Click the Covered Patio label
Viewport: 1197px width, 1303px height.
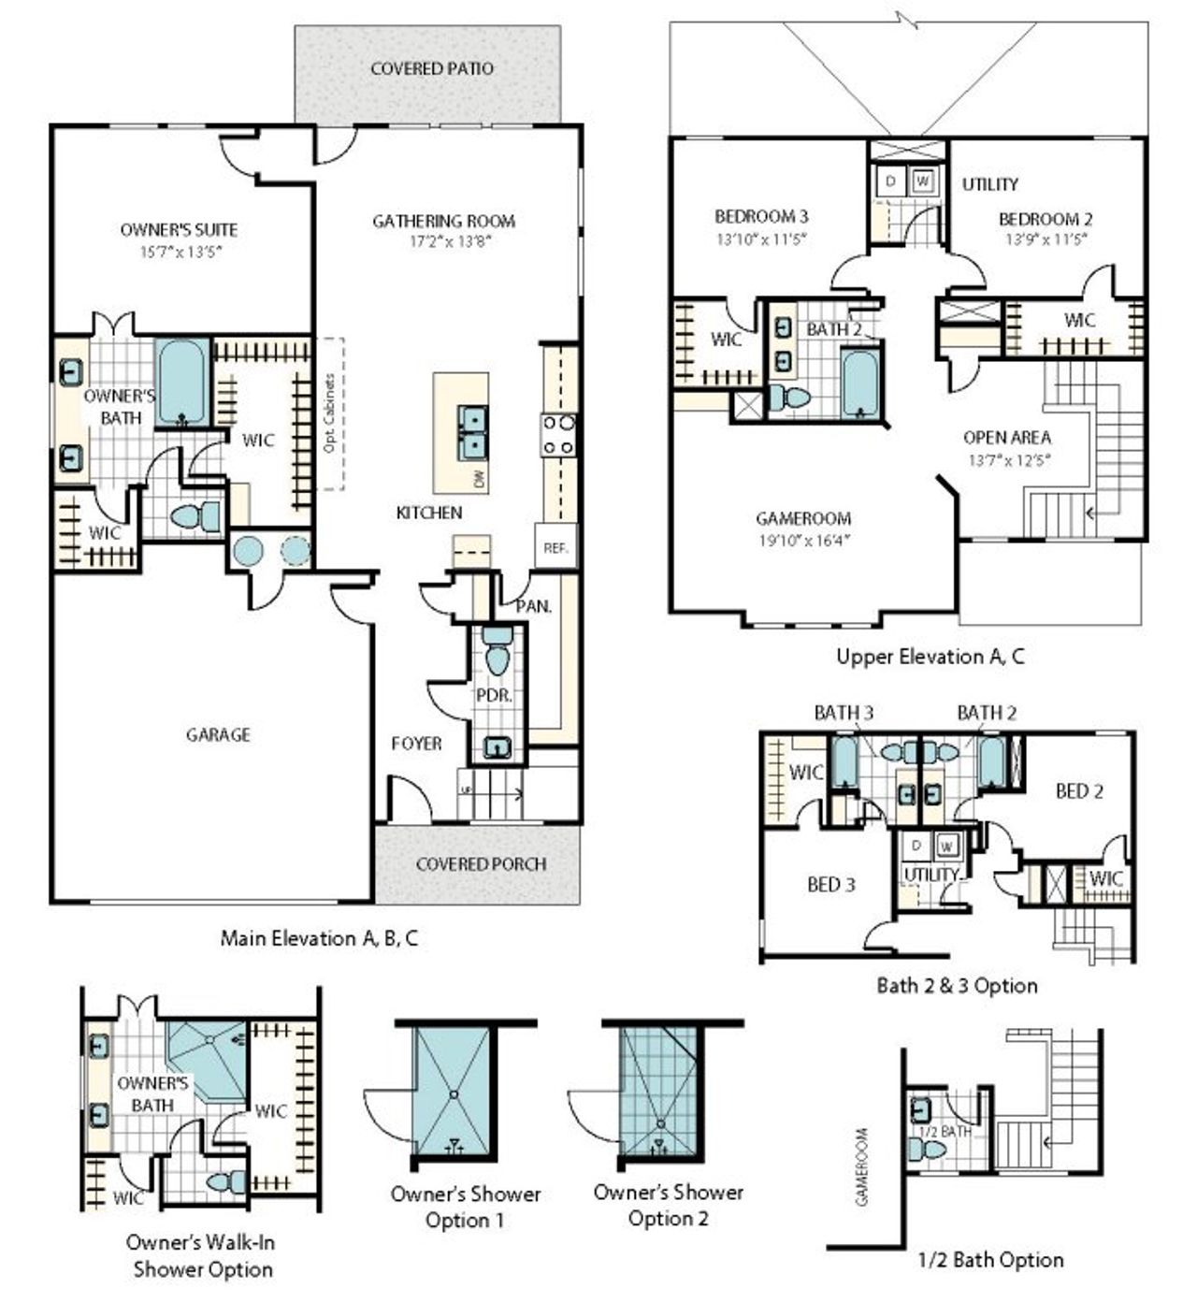432,68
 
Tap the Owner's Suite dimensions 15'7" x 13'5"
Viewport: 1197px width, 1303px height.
180,251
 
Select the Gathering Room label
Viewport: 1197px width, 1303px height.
443,221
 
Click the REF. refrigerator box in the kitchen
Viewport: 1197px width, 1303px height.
555,548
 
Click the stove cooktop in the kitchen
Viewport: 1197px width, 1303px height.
557,435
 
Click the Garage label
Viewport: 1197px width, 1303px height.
218,734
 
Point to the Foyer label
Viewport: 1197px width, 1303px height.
416,743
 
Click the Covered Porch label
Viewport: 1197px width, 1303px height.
481,863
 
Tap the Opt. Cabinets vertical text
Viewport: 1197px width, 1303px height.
329,413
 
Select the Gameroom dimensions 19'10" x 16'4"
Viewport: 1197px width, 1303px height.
803,540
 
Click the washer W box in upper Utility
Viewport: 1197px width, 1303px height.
922,181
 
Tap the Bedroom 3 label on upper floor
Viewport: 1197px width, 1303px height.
761,217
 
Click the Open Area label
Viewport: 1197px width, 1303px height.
1007,437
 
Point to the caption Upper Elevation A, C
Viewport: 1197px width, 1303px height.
930,656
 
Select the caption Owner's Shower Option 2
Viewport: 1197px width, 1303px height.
668,1206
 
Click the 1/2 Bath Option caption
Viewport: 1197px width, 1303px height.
990,1260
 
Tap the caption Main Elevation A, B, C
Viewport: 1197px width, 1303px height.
319,937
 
